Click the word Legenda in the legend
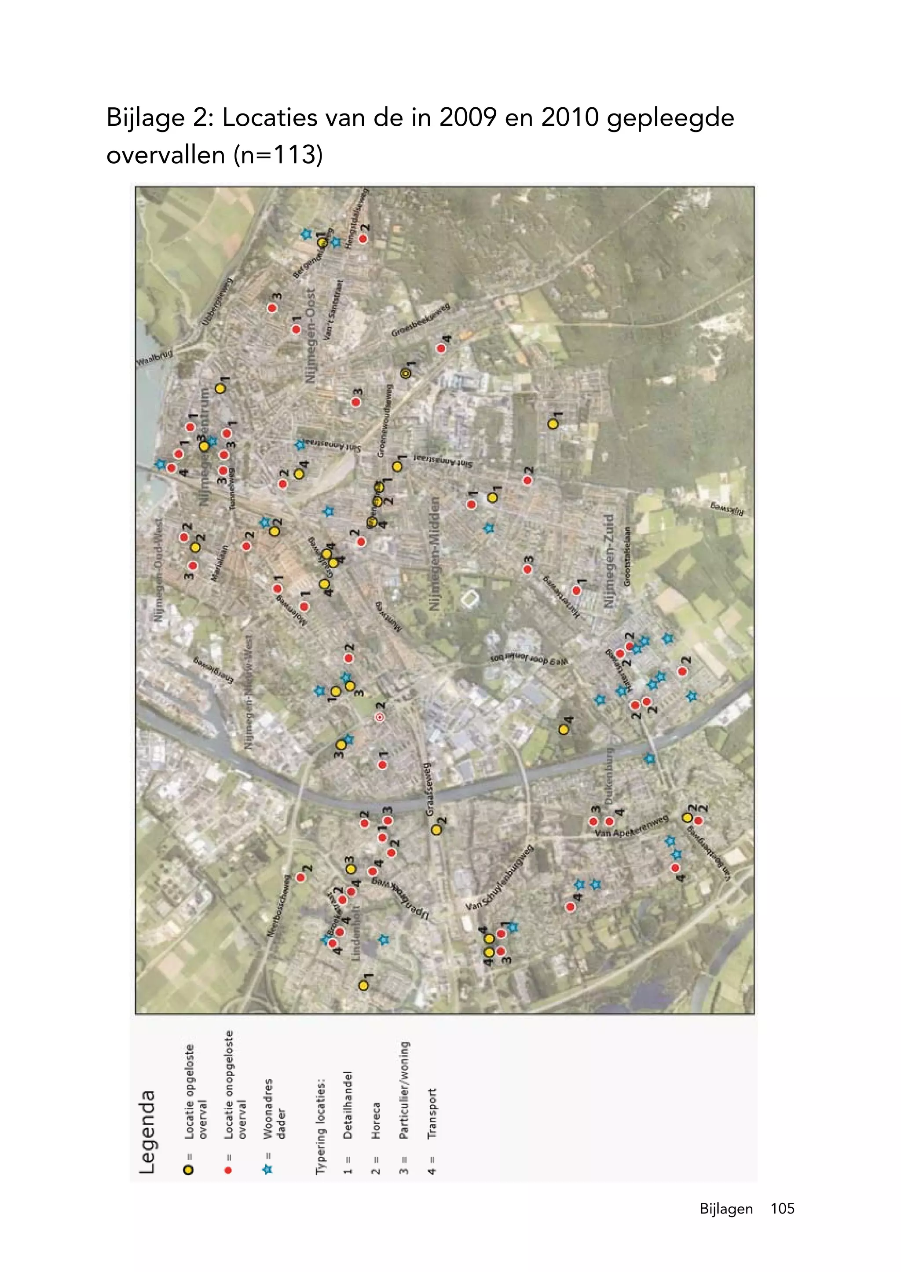tap(147, 1132)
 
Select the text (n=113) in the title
tap(278, 155)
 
